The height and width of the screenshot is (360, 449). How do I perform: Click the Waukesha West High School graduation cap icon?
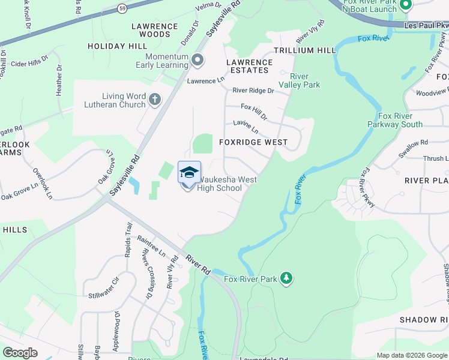coord(189,173)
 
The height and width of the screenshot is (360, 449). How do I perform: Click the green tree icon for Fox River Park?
coord(288,278)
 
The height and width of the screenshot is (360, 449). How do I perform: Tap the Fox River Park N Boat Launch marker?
coord(405,5)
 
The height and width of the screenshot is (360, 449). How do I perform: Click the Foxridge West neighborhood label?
coord(253,143)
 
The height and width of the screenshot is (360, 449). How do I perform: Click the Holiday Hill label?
coord(117,46)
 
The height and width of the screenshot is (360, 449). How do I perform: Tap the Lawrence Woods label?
coord(155,31)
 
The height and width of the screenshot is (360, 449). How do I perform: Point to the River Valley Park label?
coord(305,80)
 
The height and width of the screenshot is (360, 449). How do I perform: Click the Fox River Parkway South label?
coord(395,120)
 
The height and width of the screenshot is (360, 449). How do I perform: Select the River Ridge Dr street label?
coord(253,91)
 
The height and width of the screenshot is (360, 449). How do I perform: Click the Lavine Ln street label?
coord(246,127)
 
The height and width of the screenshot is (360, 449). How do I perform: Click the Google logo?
coord(20,353)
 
